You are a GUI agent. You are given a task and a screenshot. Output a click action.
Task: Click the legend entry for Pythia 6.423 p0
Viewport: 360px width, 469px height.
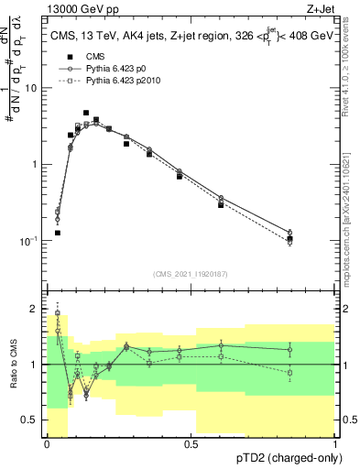click(x=104, y=68)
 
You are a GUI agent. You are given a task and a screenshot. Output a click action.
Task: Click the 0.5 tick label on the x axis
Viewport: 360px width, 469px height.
click(x=191, y=443)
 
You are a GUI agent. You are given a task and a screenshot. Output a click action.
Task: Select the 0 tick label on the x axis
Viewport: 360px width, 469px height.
click(x=47, y=443)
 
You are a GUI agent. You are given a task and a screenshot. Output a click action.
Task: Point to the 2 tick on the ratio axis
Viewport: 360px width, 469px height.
click(x=36, y=309)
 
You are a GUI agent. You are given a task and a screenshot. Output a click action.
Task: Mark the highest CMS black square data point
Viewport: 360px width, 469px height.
click(x=86, y=113)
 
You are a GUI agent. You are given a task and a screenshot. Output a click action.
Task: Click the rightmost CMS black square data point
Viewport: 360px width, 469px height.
click(x=289, y=239)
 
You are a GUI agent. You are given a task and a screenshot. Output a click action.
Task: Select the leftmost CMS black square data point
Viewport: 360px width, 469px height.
click(x=57, y=233)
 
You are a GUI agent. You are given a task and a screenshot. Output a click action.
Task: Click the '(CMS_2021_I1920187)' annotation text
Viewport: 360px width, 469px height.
click(x=190, y=274)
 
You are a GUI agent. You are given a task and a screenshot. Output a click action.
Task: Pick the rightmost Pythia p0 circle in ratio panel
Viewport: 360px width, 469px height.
click(x=289, y=349)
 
